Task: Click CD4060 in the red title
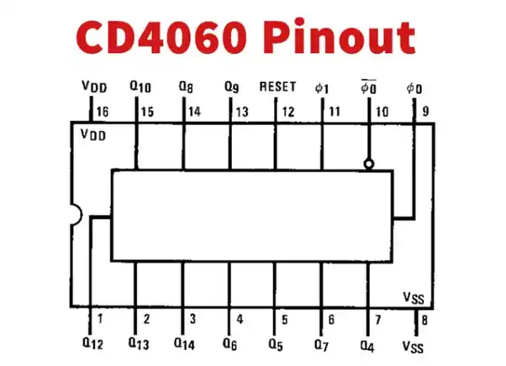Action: click(x=157, y=38)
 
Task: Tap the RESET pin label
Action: click(x=277, y=86)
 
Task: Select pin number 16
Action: click(x=103, y=112)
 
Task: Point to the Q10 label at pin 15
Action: click(x=140, y=86)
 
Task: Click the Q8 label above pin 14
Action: click(x=187, y=86)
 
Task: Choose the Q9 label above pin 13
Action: click(x=233, y=86)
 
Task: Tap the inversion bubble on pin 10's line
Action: click(x=368, y=165)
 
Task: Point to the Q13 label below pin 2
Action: click(x=140, y=342)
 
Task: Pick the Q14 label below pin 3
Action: click(x=186, y=342)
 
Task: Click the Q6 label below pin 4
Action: click(x=233, y=342)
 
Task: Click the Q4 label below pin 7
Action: click(x=367, y=342)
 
